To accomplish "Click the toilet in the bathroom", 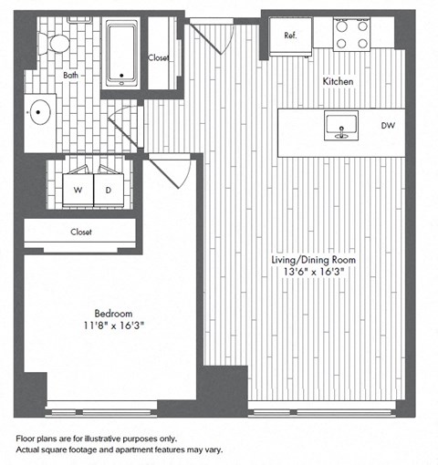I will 59,41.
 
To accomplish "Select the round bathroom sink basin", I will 40,114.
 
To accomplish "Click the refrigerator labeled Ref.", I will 290,36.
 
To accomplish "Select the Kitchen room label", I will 338,82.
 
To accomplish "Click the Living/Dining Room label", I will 313,260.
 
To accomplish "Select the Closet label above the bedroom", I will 81,232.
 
